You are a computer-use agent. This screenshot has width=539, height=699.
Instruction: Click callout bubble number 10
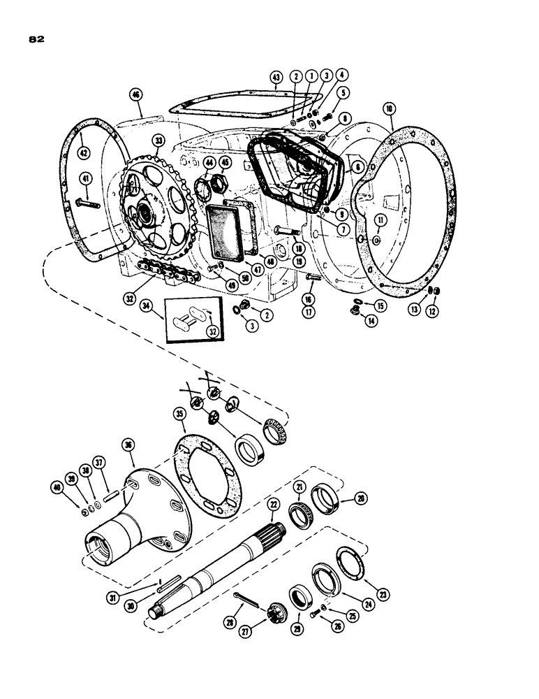coord(389,109)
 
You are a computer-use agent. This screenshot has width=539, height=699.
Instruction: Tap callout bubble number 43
coord(276,76)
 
